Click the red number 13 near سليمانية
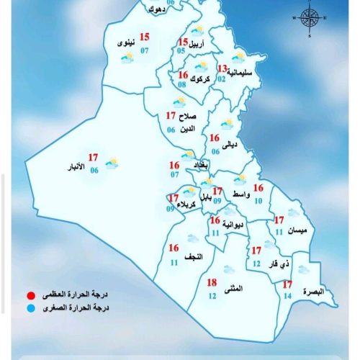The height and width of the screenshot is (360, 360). click(222, 69)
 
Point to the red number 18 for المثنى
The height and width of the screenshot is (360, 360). click(212, 282)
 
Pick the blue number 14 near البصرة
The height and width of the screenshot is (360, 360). click(287, 296)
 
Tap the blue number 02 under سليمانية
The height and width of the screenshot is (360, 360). click(222, 79)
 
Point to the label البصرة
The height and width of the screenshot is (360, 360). click(315, 292)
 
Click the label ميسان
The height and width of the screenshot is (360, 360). click(296, 230)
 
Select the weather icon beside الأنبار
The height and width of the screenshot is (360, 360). click(112, 164)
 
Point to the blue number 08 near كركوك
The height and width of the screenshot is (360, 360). click(182, 84)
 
